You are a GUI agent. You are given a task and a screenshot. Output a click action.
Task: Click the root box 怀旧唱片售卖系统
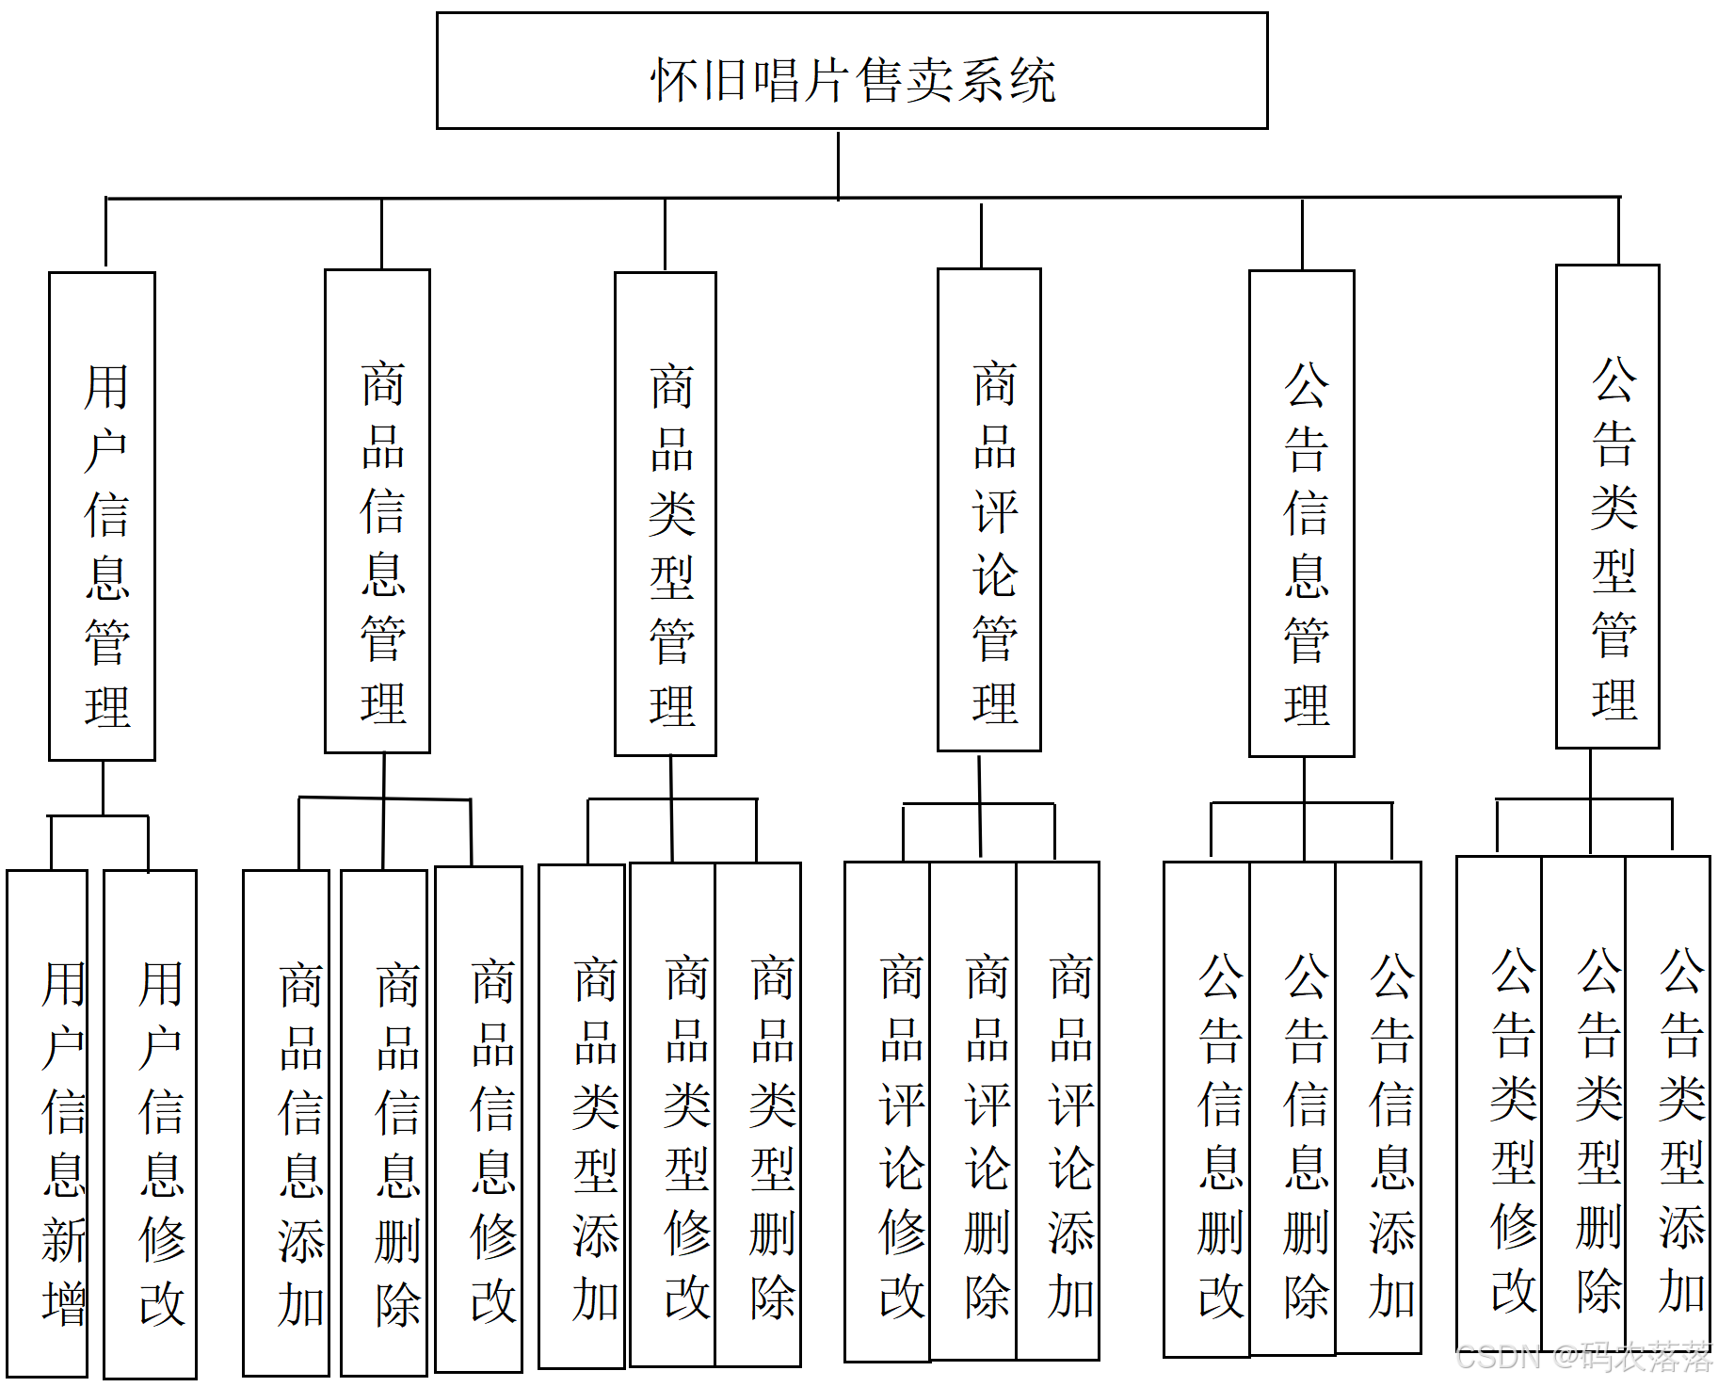(x=852, y=72)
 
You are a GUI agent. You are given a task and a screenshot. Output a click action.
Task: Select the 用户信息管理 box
(x=103, y=516)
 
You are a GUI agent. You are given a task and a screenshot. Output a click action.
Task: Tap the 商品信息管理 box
(x=377, y=511)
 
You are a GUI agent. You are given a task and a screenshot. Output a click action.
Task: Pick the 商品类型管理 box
(x=666, y=514)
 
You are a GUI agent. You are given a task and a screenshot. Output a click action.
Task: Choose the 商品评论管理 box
(x=989, y=510)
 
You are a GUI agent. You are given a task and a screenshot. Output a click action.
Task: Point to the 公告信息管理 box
(x=1302, y=513)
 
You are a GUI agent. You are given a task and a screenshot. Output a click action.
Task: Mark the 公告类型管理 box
(x=1608, y=507)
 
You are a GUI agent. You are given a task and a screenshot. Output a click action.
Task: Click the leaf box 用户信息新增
(x=48, y=1123)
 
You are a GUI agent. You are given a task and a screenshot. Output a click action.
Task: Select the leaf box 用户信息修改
(x=151, y=1124)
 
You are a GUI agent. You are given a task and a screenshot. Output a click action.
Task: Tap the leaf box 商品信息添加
(x=286, y=1122)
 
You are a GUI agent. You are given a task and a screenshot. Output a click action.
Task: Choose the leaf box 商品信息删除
(x=384, y=1122)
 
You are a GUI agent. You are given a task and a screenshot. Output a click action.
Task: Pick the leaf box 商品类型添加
(x=582, y=1116)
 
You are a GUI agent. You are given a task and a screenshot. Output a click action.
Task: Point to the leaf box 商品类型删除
(x=759, y=1114)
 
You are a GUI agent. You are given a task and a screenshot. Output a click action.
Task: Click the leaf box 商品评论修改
(x=888, y=1111)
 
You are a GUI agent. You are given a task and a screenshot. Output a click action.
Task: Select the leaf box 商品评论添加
(x=1058, y=1110)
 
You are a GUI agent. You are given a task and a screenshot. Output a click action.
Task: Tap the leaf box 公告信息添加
(x=1379, y=1107)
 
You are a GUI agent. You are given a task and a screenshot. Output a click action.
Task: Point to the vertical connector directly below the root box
(x=838, y=164)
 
